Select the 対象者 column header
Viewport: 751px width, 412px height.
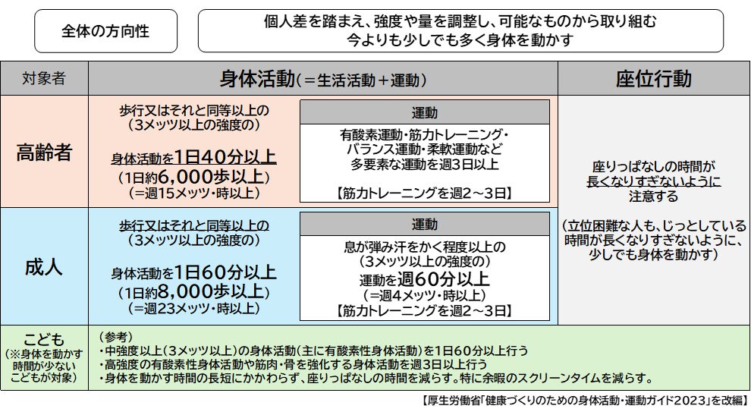(x=44, y=79)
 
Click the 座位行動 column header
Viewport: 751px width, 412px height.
(x=653, y=79)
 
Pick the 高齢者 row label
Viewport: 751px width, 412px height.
(x=44, y=152)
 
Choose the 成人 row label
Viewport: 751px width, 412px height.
(x=44, y=267)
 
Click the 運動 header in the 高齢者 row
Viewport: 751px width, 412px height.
(x=424, y=112)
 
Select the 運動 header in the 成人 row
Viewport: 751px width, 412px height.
(x=424, y=225)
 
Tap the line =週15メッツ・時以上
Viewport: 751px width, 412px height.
(x=194, y=193)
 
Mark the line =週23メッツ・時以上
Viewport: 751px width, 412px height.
(x=194, y=308)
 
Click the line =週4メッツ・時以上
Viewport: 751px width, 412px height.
(x=425, y=295)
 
